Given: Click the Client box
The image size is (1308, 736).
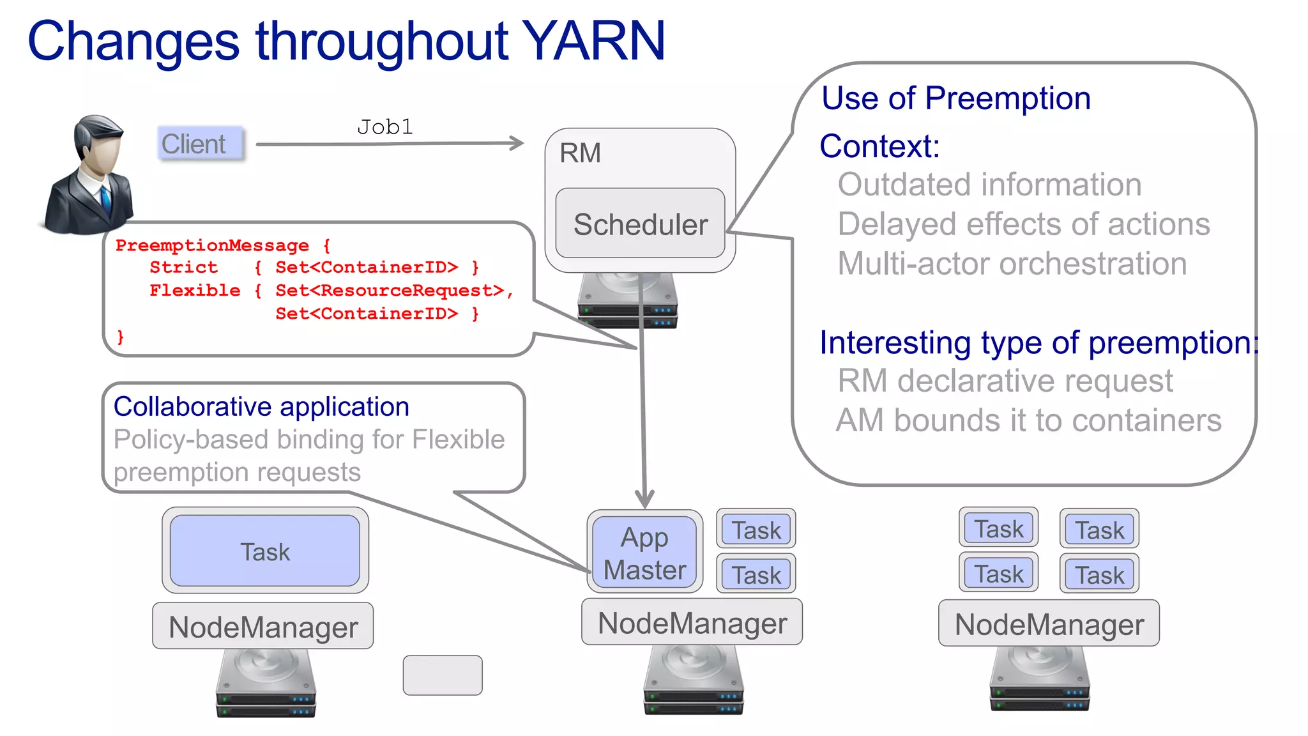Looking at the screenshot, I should pyautogui.click(x=200, y=144).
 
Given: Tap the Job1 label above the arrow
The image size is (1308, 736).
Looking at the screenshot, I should pyautogui.click(x=384, y=126).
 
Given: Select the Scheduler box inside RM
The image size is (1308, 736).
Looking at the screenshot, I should pyautogui.click(x=640, y=224).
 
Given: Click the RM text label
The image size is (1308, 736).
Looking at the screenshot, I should pyautogui.click(x=580, y=153).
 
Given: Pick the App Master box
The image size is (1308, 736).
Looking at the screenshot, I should pyautogui.click(x=644, y=553).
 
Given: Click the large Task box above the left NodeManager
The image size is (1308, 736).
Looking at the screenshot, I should pyautogui.click(x=265, y=551).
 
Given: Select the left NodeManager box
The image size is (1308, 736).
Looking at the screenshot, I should pyautogui.click(x=263, y=626).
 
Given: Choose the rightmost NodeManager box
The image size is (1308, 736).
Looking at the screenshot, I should pyautogui.click(x=1049, y=624).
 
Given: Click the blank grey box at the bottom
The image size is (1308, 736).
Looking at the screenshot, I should pyautogui.click(x=443, y=675).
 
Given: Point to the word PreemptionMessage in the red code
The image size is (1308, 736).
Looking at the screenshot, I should pyautogui.click(x=212, y=245).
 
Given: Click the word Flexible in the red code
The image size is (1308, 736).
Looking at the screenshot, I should pyautogui.click(x=195, y=291).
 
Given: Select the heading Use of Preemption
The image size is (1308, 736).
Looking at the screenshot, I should pyautogui.click(x=955, y=99).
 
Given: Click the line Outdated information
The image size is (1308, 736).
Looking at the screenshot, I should pyautogui.click(x=989, y=185).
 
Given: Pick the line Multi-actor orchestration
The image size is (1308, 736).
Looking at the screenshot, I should pyautogui.click(x=1012, y=264).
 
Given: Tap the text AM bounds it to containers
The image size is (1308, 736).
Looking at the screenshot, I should pyautogui.click(x=1028, y=420).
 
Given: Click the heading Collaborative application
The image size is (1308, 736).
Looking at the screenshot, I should pyautogui.click(x=261, y=407).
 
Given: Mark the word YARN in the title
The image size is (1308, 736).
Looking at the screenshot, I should pyautogui.click(x=594, y=42).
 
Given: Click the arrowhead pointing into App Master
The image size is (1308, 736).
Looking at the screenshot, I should pyautogui.click(x=644, y=499).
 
